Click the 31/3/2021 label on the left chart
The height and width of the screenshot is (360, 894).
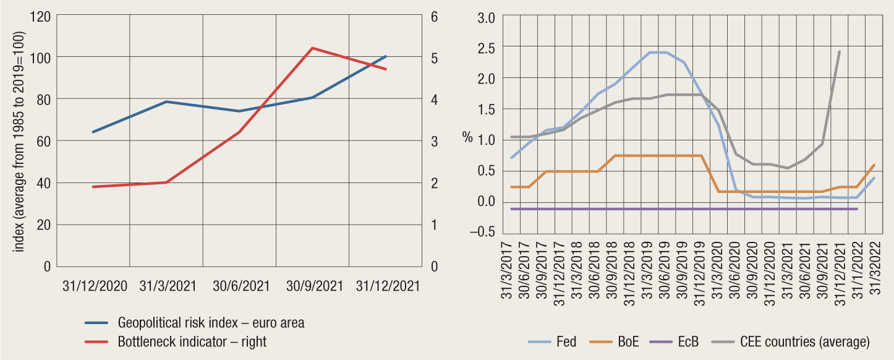point(168,286)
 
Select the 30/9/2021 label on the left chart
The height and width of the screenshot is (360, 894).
point(313,286)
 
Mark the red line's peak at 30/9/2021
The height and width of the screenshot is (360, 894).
point(312,48)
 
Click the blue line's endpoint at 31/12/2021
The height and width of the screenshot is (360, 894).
point(386,56)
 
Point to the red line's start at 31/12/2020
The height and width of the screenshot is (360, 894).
point(93,186)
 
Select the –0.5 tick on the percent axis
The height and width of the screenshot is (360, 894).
point(482,233)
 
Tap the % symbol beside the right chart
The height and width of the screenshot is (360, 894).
point(467,137)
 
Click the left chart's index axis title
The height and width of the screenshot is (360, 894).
point(19,141)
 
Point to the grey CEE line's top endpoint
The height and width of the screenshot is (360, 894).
point(839,51)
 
